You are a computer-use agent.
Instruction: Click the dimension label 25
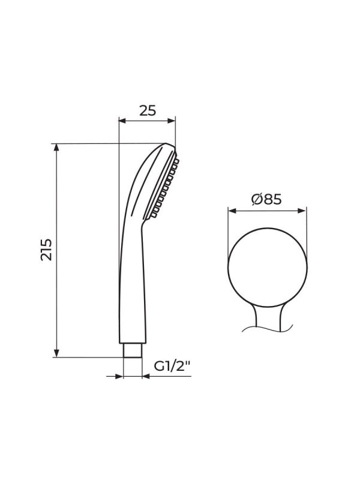pos(148,110)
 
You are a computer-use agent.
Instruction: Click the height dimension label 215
pos(46,250)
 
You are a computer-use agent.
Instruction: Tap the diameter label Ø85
pos(266,200)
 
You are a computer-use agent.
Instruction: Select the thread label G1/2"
pos(172,366)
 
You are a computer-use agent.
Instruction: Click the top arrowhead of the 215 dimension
pos(56,148)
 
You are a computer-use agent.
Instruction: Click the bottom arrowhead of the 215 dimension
pos(56,353)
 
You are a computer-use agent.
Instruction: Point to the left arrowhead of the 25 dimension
pos(123,121)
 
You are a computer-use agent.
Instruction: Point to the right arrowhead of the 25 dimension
pos(172,121)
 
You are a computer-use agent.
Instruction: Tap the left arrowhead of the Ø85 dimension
pos(232,211)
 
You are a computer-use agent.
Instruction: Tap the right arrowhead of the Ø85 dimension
pos(302,211)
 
